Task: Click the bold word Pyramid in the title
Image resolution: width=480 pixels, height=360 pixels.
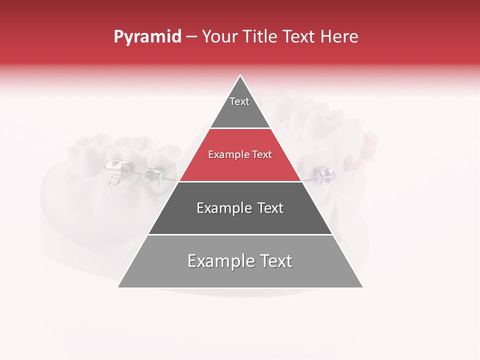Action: click(x=147, y=37)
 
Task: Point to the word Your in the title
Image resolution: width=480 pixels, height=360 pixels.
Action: click(x=220, y=37)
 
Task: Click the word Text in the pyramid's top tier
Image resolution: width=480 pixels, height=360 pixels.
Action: click(x=239, y=101)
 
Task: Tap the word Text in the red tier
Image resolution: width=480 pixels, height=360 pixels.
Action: click(x=262, y=155)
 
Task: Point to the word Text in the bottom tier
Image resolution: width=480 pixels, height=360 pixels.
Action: click(x=274, y=261)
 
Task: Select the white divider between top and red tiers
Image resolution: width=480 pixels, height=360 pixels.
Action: click(x=240, y=128)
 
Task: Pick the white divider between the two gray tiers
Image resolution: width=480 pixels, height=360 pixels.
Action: click(x=240, y=234)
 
